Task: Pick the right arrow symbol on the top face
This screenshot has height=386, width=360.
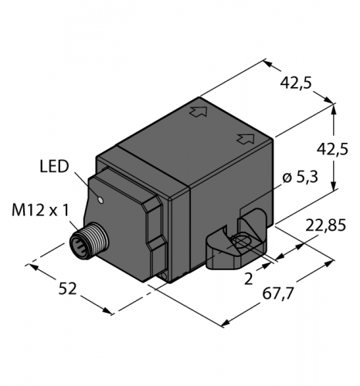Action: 246,138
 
